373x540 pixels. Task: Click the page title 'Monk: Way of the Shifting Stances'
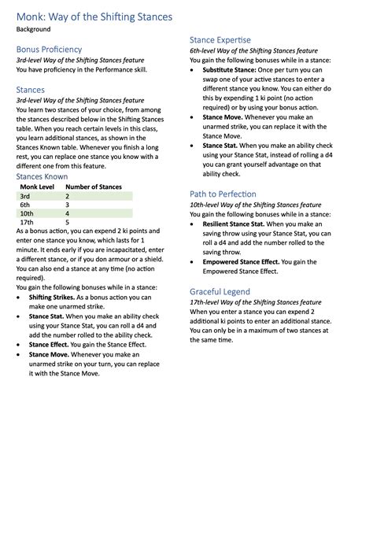point(94,16)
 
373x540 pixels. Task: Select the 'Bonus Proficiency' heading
point(49,49)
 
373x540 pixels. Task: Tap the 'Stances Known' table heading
point(42,176)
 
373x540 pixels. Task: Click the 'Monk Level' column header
point(37,187)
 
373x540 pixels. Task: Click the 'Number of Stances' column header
point(93,187)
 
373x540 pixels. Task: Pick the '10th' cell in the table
point(27,213)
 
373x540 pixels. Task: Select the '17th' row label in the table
point(27,222)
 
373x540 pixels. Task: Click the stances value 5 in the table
point(67,222)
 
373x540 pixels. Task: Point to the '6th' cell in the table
point(25,204)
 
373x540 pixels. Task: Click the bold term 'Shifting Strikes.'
point(52,298)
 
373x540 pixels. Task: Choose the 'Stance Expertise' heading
point(220,39)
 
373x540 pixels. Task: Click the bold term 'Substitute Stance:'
point(229,70)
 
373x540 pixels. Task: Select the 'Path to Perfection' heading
point(223,194)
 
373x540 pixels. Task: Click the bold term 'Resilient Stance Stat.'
point(234,224)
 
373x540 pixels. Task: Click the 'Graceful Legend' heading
point(220,291)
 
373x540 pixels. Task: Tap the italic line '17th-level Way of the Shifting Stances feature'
point(255,301)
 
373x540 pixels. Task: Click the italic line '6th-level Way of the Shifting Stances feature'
point(253,50)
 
